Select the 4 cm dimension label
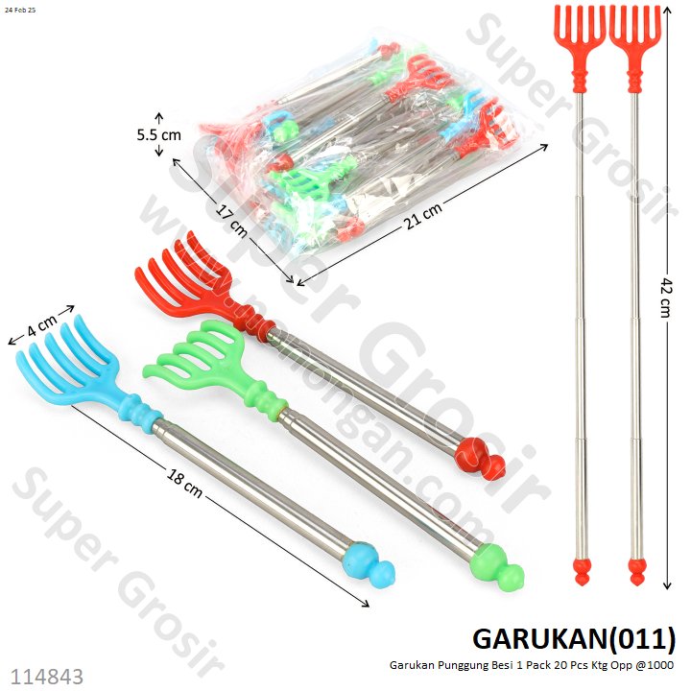pyautogui.click(x=40, y=325)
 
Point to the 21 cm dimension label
pyautogui.click(x=425, y=217)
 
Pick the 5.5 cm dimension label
pyautogui.click(x=158, y=135)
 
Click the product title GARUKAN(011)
pyautogui.click(x=574, y=637)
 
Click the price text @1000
pyautogui.click(x=656, y=665)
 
